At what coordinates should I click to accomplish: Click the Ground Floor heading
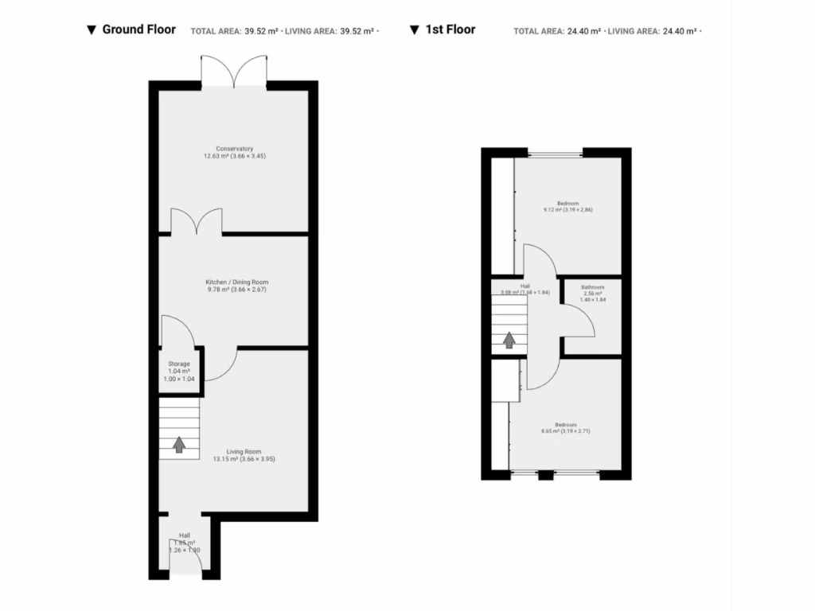138,29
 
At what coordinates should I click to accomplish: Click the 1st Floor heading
450,29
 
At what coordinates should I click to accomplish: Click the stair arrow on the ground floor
179,444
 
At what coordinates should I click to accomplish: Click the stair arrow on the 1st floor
509,340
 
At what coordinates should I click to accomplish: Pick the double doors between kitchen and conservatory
197,221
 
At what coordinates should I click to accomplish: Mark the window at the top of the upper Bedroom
556,153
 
